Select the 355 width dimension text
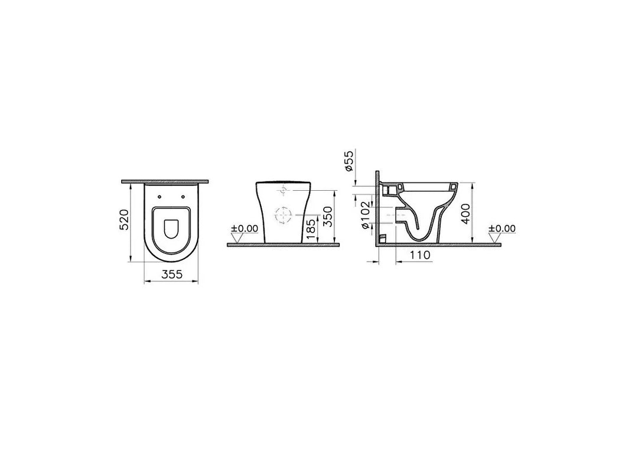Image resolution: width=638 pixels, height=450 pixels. point(171,273)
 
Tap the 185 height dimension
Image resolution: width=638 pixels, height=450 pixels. point(311,227)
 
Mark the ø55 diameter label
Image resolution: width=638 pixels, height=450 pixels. point(349,160)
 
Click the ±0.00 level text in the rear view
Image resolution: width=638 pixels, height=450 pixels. point(244,229)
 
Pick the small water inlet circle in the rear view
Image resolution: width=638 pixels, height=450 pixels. point(284,191)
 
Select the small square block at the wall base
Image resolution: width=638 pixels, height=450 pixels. point(382,239)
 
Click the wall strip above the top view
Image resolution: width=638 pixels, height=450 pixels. point(167,182)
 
